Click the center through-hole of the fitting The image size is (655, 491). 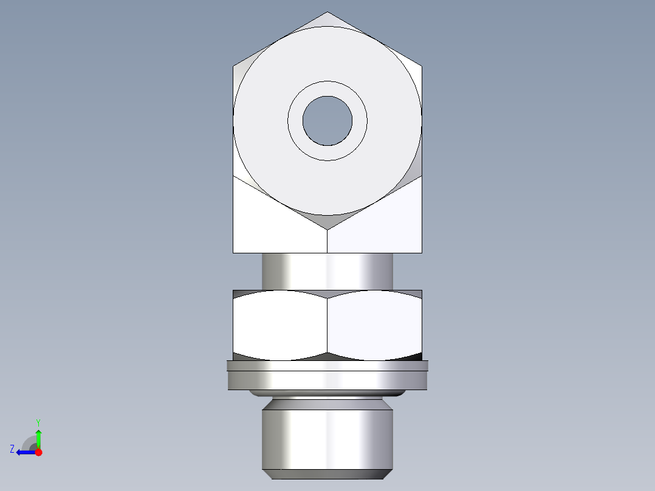pos(327,121)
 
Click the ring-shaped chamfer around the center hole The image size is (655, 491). pos(327,153)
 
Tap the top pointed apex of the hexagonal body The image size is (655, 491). pos(327,13)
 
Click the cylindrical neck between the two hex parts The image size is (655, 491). pos(327,271)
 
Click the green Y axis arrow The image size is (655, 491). pos(38,436)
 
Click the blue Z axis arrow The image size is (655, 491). pos(24,452)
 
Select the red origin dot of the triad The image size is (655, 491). pos(39,452)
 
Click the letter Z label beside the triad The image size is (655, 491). pos(12,448)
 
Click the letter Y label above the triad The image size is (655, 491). pos(38,422)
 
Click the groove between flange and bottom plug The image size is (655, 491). pos(327,402)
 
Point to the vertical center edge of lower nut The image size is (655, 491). pos(327,325)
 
